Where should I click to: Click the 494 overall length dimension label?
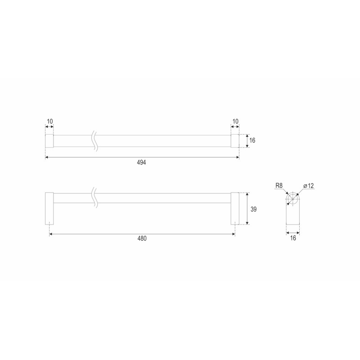(141, 162)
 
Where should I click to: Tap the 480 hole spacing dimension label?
(142, 238)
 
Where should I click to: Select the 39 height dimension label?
(253, 209)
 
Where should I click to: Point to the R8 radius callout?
(279, 185)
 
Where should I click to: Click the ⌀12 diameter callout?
(308, 185)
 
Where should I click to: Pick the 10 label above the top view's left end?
(50, 121)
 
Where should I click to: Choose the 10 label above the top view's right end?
(235, 121)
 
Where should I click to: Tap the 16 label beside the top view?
(252, 140)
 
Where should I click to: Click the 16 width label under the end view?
(293, 238)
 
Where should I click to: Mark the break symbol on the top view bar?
(95, 141)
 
